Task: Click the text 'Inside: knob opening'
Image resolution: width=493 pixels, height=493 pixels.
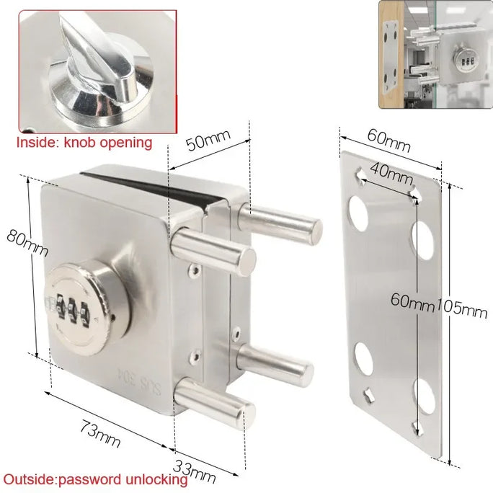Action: tap(84, 142)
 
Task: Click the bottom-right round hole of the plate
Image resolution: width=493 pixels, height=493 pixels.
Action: tap(424, 396)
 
